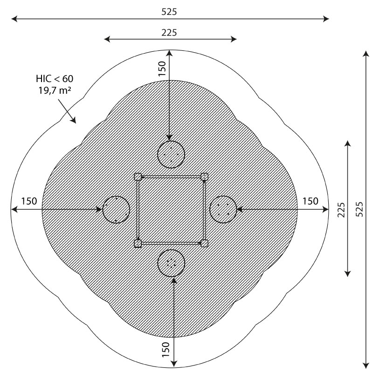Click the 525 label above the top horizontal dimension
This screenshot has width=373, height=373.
pyautogui.click(x=169, y=12)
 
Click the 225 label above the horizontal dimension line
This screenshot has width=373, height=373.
pyautogui.click(x=169, y=33)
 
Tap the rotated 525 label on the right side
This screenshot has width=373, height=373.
pyautogui.click(x=359, y=209)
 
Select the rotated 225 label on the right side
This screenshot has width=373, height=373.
pyautogui.click(x=341, y=210)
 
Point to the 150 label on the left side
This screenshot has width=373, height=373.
pyautogui.click(x=29, y=201)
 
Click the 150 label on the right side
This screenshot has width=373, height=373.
pyautogui.click(x=310, y=201)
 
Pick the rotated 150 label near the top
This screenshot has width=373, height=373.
pyautogui.click(x=162, y=69)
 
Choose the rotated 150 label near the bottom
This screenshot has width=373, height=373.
pyautogui.click(x=166, y=349)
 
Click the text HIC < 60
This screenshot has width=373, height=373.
pyautogui.click(x=55, y=79)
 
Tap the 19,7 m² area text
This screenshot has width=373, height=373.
pyautogui.click(x=55, y=90)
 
